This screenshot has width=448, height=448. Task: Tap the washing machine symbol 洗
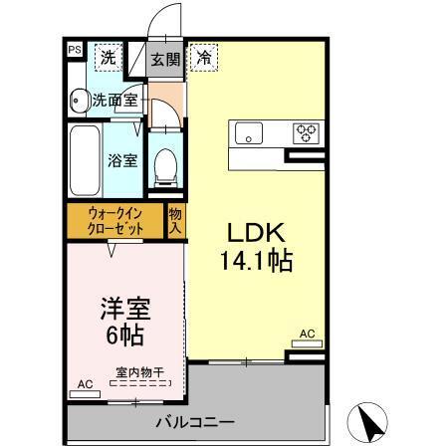[x=107, y=57]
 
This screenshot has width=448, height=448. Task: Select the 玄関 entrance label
[x=164, y=58]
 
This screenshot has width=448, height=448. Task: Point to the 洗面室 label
[x=114, y=100]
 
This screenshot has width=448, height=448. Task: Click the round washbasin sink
[x=78, y=100]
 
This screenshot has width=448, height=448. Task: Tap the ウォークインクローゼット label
[x=115, y=221]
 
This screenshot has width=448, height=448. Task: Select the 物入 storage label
[x=176, y=220]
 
